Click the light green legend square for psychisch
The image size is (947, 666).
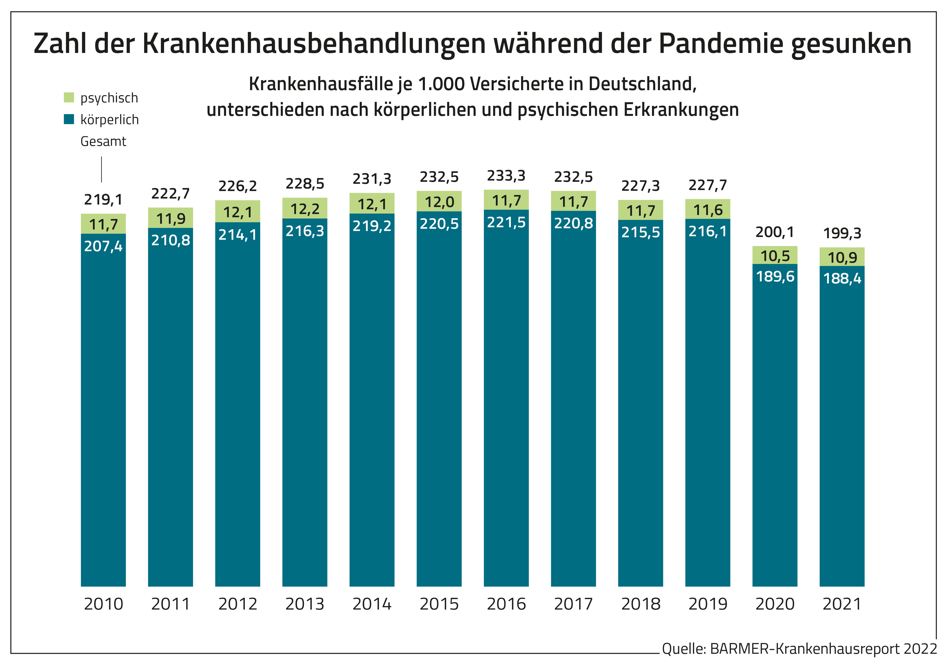coord(69,97)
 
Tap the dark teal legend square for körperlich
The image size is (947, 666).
coord(69,119)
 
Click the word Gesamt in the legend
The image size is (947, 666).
coord(103,141)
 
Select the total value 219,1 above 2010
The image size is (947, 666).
coord(103,200)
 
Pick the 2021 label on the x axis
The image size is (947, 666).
coord(842,604)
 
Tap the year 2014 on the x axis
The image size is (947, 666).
coord(372,604)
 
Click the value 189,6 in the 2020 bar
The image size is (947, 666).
coord(775,276)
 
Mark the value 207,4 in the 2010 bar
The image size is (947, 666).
coord(103,246)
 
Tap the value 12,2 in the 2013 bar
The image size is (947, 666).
coord(305,209)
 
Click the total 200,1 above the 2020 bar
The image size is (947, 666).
coord(775,232)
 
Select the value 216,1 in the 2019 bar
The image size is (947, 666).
coord(707,231)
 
